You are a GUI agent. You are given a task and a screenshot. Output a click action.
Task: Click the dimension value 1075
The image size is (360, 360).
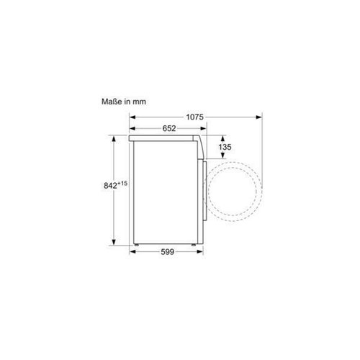(194, 117)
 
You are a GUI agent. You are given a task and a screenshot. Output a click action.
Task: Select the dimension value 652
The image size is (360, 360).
(169, 128)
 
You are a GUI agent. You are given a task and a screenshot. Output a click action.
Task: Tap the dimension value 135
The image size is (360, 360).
(225, 147)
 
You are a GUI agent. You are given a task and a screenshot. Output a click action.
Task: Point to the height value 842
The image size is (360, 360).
(110, 186)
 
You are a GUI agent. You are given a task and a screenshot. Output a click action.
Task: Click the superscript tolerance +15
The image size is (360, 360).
(122, 184)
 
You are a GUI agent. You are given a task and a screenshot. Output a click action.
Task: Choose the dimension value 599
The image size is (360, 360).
(167, 252)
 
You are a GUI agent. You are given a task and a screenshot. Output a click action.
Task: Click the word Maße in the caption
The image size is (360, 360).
(112, 102)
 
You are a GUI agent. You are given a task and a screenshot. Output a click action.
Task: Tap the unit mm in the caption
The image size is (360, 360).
(140, 102)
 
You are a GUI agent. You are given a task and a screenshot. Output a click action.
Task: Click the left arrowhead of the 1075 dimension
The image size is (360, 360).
(132, 117)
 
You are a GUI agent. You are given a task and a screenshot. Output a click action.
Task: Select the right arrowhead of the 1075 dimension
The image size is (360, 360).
(259, 117)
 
